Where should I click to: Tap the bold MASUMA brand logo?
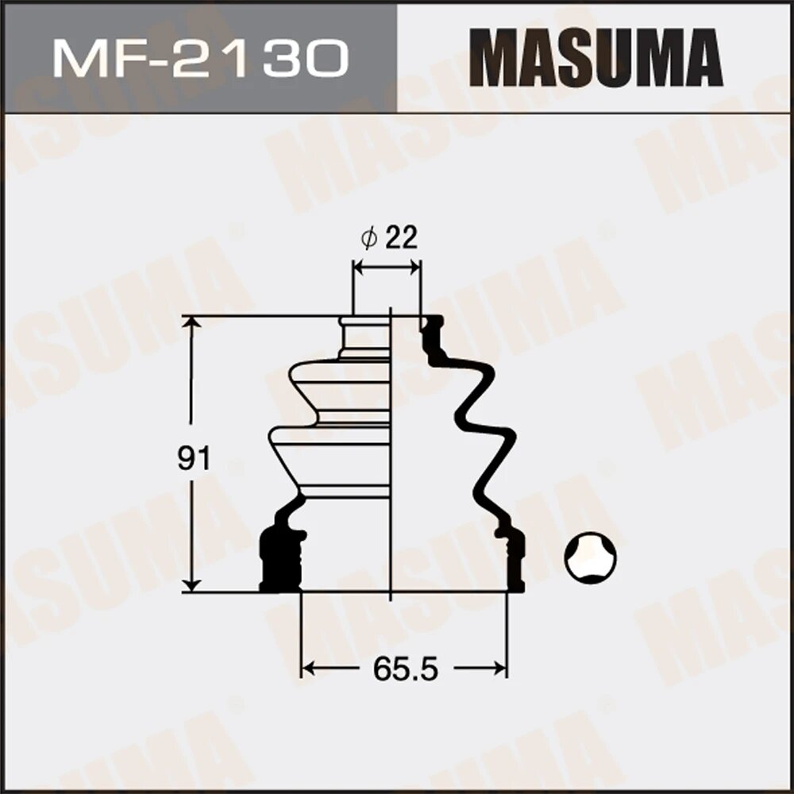click(x=595, y=57)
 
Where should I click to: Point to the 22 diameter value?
click(x=401, y=238)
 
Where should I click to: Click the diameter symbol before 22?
click(x=368, y=238)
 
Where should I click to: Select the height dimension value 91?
click(x=193, y=458)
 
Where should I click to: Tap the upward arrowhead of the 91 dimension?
click(x=191, y=323)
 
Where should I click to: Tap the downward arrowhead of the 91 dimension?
click(x=191, y=584)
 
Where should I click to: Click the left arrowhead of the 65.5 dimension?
click(x=308, y=669)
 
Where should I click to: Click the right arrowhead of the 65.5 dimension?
click(x=500, y=669)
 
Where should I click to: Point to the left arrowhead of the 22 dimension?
click(x=358, y=268)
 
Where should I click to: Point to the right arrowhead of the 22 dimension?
click(x=415, y=268)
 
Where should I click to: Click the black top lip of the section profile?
click(x=432, y=322)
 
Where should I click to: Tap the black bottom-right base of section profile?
click(x=515, y=568)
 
